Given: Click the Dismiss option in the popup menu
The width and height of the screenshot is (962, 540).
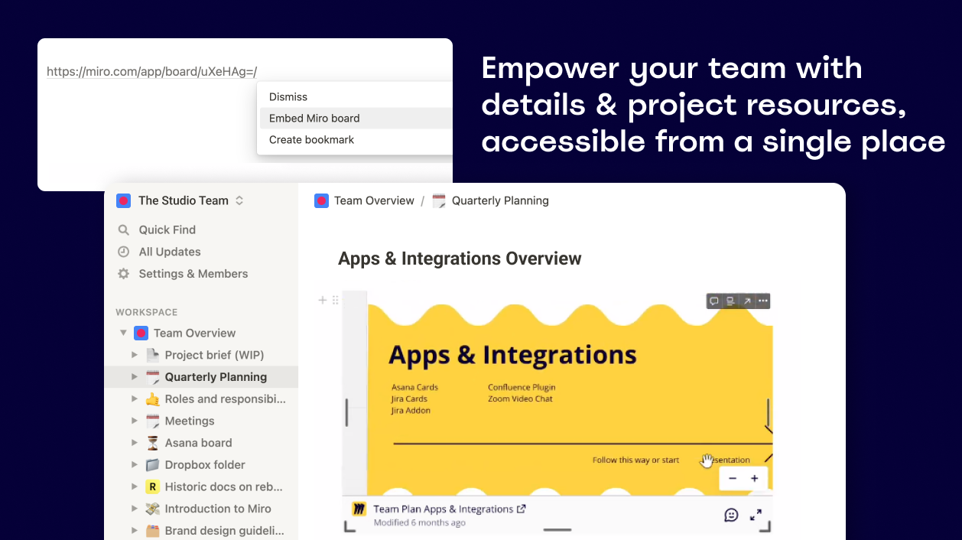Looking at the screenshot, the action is pyautogui.click(x=288, y=96).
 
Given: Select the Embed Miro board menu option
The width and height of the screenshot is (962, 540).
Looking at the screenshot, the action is pyautogui.click(x=314, y=118).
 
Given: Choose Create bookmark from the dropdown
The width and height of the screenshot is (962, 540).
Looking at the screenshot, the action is pyautogui.click(x=311, y=140).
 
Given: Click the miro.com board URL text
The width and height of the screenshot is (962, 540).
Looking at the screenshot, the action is pyautogui.click(x=152, y=72).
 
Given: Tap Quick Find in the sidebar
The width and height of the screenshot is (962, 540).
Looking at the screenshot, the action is pyautogui.click(x=167, y=229).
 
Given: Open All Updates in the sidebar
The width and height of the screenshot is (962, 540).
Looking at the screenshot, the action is pyautogui.click(x=170, y=252).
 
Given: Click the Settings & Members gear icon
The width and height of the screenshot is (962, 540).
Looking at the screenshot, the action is pyautogui.click(x=124, y=274).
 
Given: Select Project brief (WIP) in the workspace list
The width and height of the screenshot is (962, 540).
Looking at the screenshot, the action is pyautogui.click(x=214, y=355).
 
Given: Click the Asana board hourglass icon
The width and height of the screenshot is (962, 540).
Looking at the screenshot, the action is pyautogui.click(x=152, y=443).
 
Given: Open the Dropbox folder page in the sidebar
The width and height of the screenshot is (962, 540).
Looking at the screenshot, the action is pyautogui.click(x=205, y=465).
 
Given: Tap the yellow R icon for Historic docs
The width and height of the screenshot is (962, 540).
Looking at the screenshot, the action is pyautogui.click(x=152, y=486).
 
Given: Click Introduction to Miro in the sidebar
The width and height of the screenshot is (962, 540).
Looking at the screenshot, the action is pyautogui.click(x=218, y=509).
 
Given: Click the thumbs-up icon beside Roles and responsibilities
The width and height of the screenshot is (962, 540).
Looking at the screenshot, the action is pyautogui.click(x=152, y=399).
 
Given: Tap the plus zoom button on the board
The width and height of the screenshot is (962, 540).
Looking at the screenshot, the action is pyautogui.click(x=755, y=479).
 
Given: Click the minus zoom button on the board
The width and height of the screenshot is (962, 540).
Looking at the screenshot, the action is pyautogui.click(x=733, y=479).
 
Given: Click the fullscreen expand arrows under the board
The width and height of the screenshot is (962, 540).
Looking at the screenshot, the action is pyautogui.click(x=756, y=515).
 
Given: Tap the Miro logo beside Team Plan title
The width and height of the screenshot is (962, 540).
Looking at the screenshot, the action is pyautogui.click(x=359, y=509).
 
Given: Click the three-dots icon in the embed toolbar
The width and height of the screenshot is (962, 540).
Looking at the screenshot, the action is pyautogui.click(x=762, y=301).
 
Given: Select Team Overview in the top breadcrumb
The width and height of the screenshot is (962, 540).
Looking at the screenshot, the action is pyautogui.click(x=374, y=200).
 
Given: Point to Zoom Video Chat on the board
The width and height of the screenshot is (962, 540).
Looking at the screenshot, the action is pyautogui.click(x=520, y=398).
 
